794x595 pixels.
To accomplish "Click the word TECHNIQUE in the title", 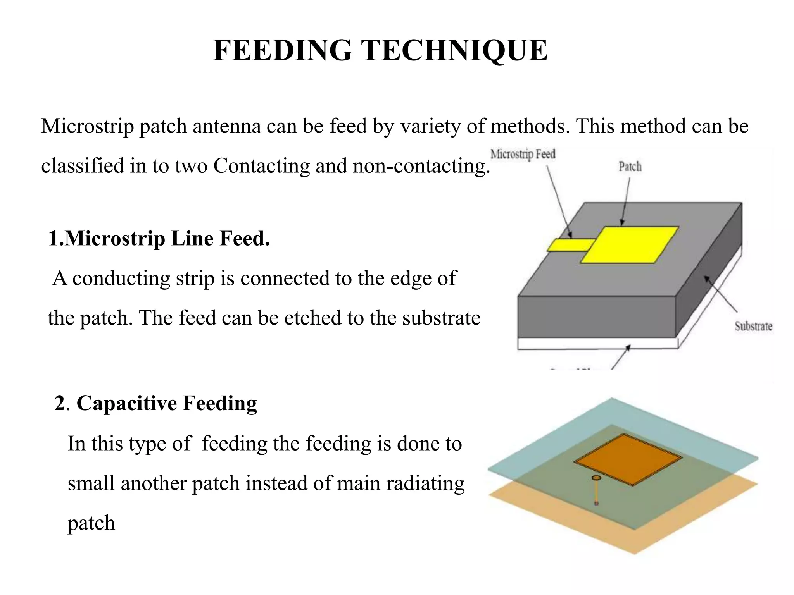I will coord(454,50).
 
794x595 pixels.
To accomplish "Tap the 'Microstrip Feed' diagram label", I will coord(523,154).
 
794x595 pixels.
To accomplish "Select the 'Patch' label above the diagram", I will coord(630,167).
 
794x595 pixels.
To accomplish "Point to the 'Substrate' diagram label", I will coord(753,326).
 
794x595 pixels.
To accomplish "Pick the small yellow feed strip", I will coord(571,245).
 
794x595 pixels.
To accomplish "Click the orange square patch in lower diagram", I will coord(628,459).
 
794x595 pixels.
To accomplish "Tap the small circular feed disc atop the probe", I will coord(596,478).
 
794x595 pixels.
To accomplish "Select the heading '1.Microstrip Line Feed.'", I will coord(159,238).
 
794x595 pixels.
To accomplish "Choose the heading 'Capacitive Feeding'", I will coord(167,403).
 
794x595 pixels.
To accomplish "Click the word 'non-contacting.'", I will coord(421,166).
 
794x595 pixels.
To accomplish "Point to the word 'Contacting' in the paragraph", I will coord(261,166).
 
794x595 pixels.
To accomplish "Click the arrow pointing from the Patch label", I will coord(625,201).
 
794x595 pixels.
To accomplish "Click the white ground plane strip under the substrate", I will coord(597,344).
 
